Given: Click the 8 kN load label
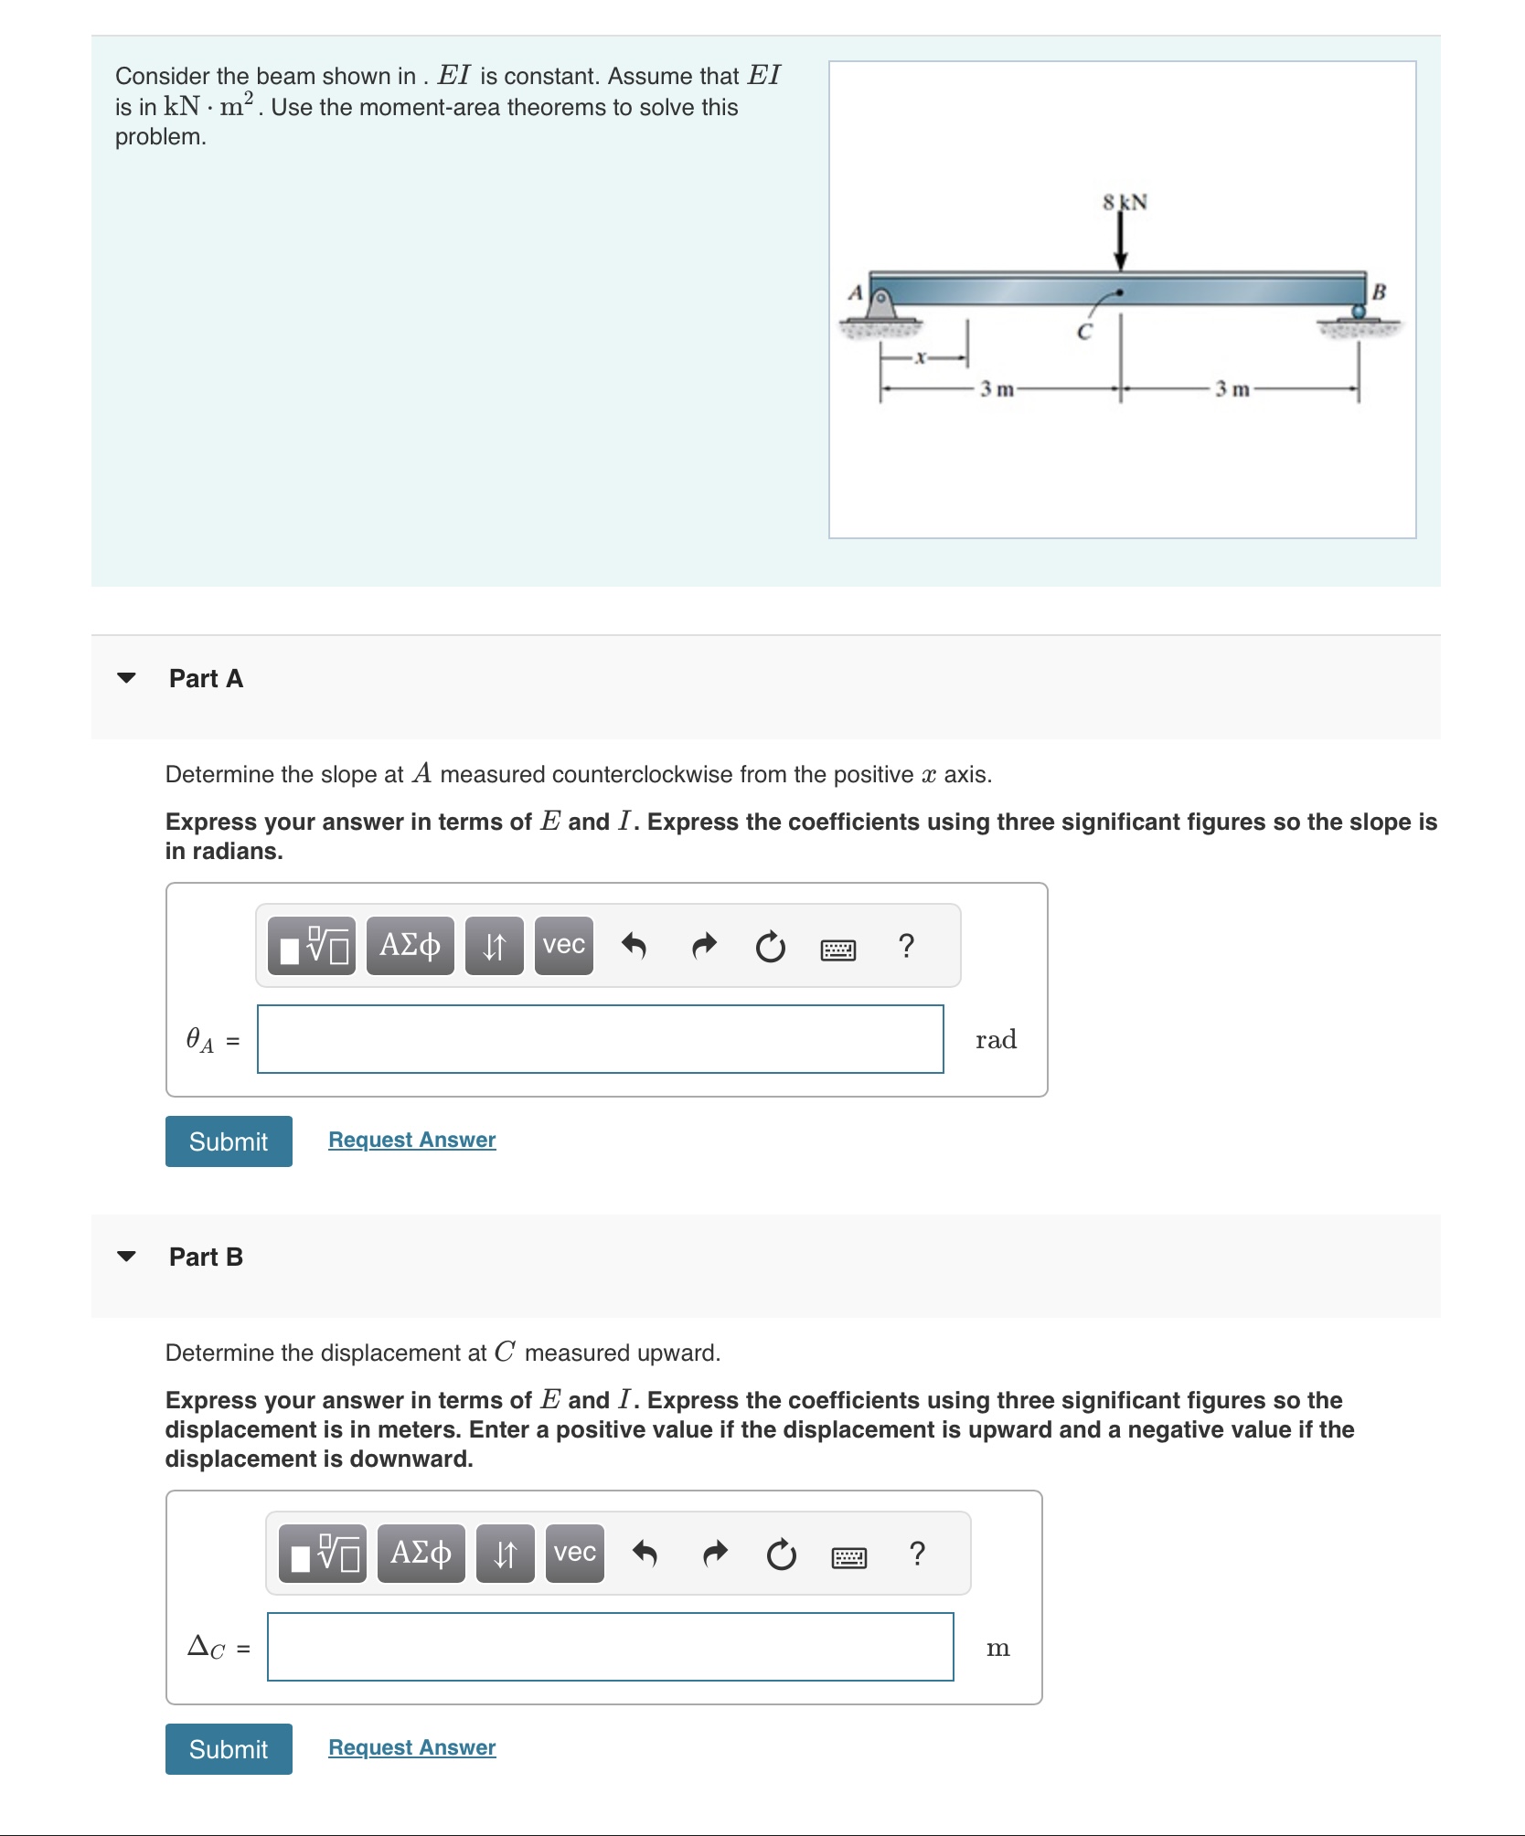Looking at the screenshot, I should click(x=1125, y=202).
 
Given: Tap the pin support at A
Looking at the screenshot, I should click(x=880, y=304).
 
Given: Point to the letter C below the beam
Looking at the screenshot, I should click(x=1084, y=333).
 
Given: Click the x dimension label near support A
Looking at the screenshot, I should click(x=922, y=357).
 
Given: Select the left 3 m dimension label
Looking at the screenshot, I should click(x=997, y=389).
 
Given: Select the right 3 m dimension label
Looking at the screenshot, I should click(x=1232, y=389).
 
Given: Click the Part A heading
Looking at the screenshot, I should click(x=206, y=678).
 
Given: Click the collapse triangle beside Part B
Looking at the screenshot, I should click(x=126, y=1257).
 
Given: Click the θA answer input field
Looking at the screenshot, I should click(x=600, y=1039).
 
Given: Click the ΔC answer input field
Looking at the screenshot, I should click(x=610, y=1647).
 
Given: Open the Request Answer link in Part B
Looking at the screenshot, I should click(x=411, y=1747).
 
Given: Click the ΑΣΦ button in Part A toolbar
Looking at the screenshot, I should click(x=410, y=945).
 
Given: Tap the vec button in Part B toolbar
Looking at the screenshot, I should click(x=574, y=1553).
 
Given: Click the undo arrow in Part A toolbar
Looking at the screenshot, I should click(x=634, y=946).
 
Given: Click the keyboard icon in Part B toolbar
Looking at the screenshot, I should click(x=848, y=1556).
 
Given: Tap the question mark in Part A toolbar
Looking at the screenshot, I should click(x=906, y=946).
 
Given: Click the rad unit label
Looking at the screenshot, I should click(x=996, y=1040).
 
